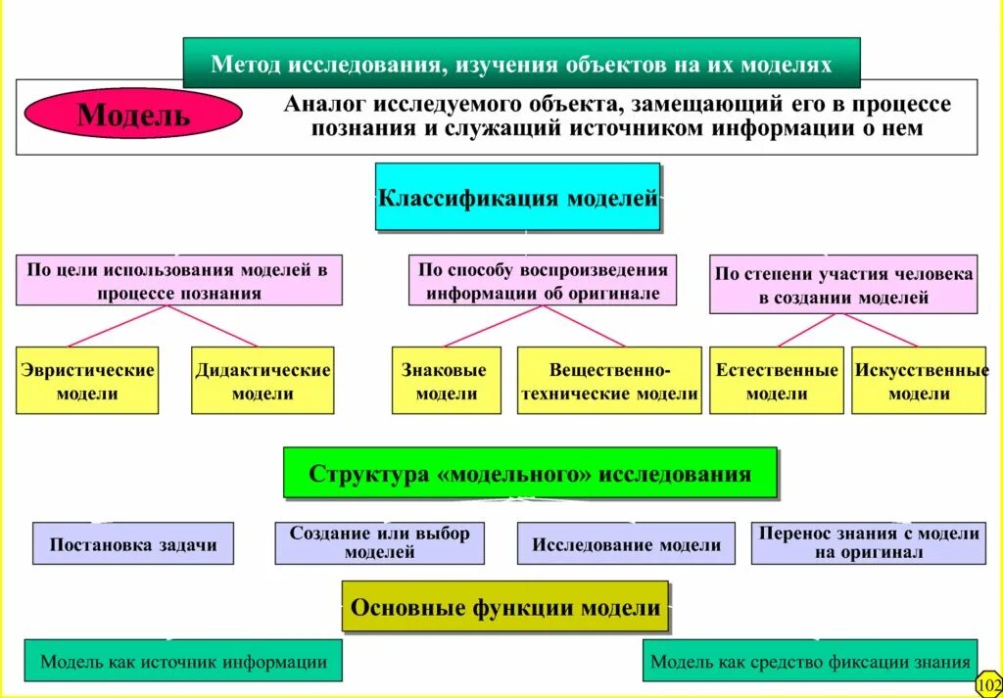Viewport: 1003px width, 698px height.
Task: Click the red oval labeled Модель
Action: point(133,115)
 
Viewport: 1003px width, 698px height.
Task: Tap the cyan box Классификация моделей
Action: point(517,198)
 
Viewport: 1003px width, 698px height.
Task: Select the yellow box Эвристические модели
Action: point(87,381)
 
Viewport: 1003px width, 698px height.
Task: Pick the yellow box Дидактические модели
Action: point(263,381)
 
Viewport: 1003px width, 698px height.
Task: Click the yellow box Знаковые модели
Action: point(446,381)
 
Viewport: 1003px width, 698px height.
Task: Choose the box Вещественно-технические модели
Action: point(609,381)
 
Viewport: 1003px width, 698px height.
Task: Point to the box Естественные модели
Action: point(777,381)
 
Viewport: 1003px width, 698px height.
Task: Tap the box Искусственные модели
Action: point(920,381)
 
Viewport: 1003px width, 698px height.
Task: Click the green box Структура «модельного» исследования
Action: point(530,474)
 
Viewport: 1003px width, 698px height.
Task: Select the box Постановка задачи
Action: point(133,544)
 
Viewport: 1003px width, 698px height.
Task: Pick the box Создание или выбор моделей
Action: point(380,543)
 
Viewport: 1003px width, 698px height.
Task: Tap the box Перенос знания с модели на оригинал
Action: point(869,543)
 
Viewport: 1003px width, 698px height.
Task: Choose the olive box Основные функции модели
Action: point(505,607)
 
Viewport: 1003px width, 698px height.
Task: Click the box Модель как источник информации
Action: point(183,661)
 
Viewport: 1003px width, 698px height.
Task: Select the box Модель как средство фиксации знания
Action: point(811,661)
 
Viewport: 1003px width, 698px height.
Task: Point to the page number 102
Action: point(988,684)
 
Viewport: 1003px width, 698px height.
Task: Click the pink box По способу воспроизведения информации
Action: point(543,281)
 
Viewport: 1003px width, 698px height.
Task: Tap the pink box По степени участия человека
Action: point(843,285)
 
